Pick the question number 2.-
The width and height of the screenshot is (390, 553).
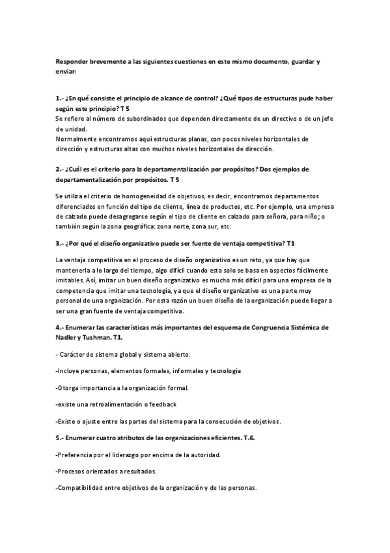[x=60, y=169]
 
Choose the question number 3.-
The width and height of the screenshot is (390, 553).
[x=60, y=243]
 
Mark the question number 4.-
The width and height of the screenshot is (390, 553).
[x=60, y=326]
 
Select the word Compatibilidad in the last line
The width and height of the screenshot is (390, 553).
[x=81, y=488]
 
